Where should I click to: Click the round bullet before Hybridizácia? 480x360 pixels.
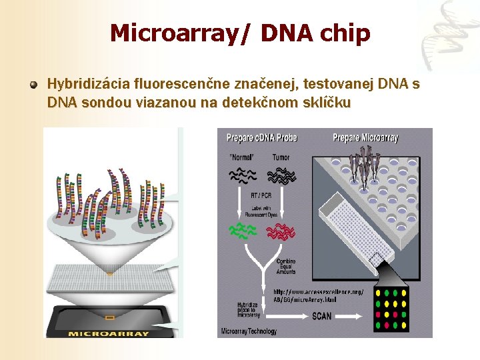[33, 85]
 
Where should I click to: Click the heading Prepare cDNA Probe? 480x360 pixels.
[261, 138]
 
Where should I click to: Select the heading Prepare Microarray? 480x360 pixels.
[365, 138]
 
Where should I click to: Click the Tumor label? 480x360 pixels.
[281, 157]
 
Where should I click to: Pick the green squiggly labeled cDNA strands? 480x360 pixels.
[244, 231]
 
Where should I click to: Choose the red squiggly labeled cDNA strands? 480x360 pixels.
[281, 231]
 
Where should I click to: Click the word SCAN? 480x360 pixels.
[322, 316]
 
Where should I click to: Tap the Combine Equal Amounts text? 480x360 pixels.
[286, 266]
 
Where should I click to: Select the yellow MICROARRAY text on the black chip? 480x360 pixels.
[109, 333]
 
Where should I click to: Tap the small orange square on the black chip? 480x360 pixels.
[109, 317]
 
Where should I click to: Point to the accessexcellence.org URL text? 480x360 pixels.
[319, 295]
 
